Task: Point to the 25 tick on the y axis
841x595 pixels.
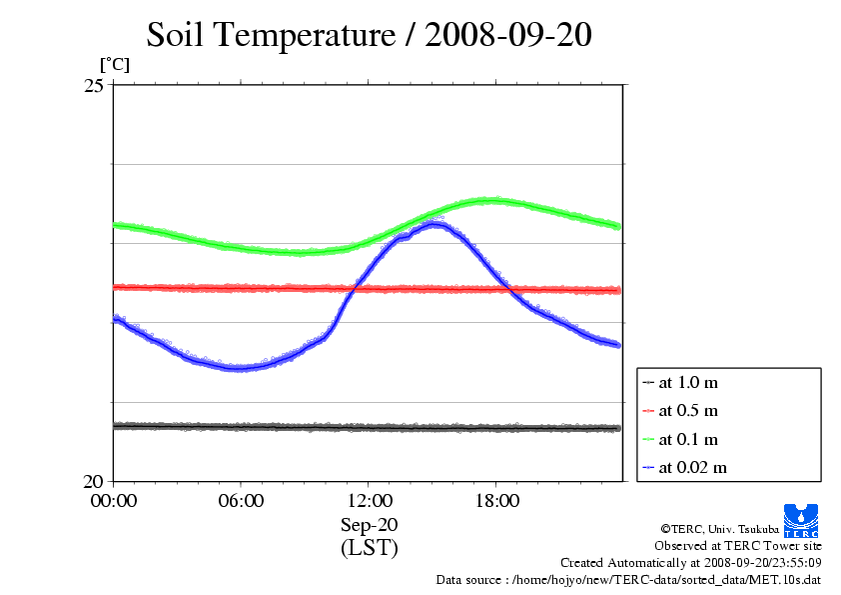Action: (93, 86)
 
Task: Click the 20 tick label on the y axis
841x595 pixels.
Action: (93, 481)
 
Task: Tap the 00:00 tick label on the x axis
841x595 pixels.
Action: (113, 501)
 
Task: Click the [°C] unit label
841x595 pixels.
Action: (113, 65)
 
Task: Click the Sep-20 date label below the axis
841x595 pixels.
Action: (369, 525)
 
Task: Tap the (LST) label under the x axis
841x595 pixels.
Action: (369, 548)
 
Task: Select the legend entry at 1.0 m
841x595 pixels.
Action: (688, 382)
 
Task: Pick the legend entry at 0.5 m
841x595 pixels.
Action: (688, 410)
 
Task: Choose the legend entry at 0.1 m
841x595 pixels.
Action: (688, 439)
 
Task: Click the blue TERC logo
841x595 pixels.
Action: (802, 519)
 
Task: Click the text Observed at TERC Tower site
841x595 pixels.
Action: (738, 546)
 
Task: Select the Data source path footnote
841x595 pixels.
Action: (628, 579)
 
